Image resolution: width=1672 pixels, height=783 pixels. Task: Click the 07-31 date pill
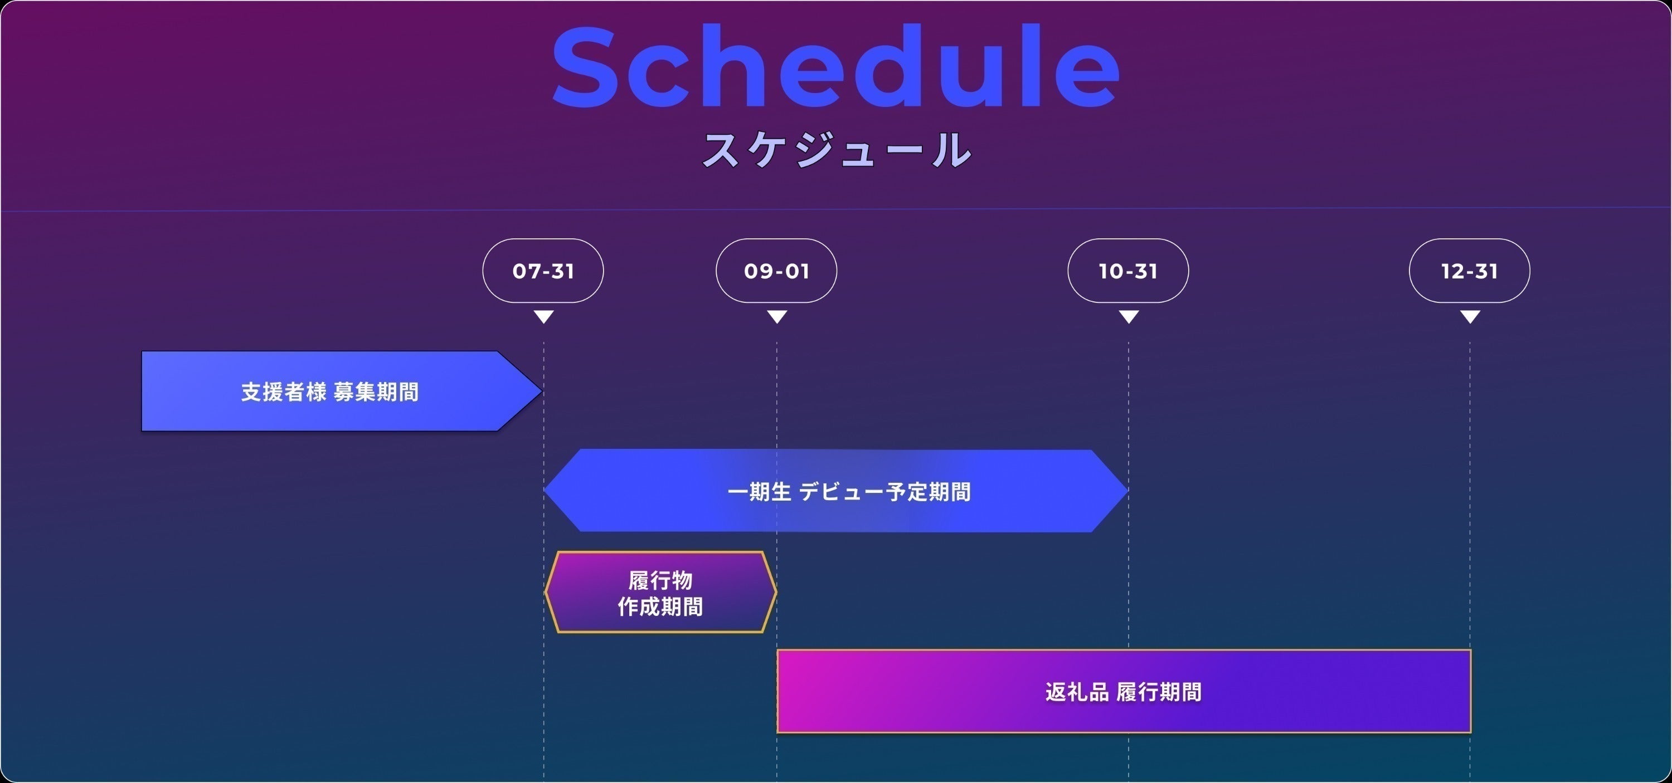(x=543, y=271)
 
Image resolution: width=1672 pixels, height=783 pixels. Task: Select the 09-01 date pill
(x=776, y=271)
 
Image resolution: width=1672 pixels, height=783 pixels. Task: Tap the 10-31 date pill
(x=1128, y=271)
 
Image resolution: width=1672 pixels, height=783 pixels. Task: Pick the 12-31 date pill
(x=1470, y=271)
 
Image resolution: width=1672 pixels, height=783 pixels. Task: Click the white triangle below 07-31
(x=543, y=316)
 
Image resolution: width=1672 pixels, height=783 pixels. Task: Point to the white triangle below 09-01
(x=777, y=316)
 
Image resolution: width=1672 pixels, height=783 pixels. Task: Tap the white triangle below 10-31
(x=1129, y=316)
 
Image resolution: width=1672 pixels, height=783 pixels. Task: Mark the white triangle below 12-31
(x=1470, y=316)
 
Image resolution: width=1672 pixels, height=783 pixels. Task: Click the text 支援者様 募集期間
(x=330, y=392)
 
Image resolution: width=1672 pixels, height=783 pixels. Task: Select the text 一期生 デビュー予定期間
(x=849, y=492)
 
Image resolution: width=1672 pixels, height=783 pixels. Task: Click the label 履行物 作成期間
(x=660, y=593)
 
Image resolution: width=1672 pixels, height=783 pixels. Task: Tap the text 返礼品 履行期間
(x=1123, y=692)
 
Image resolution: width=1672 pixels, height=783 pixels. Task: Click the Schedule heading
(x=836, y=66)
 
